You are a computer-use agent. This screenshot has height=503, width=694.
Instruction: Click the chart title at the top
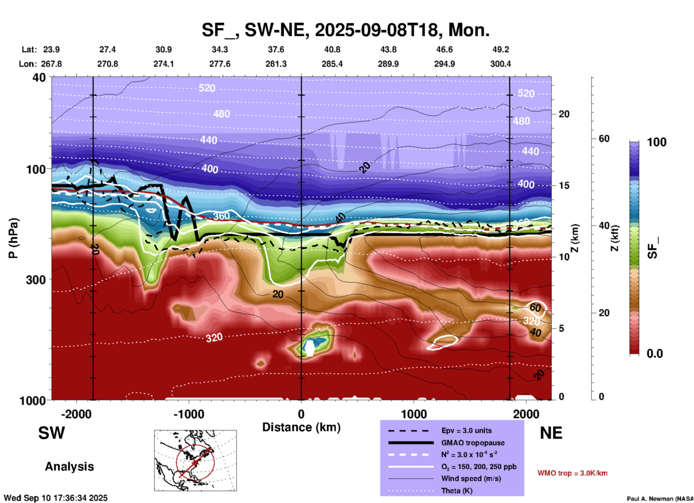tap(345, 30)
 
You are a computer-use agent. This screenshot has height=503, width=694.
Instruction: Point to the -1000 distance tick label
tap(188, 414)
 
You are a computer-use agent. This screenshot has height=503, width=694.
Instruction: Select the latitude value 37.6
tap(276, 49)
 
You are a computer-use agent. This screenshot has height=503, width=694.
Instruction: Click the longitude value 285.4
tap(332, 64)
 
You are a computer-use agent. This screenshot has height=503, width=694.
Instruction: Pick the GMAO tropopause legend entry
tap(472, 443)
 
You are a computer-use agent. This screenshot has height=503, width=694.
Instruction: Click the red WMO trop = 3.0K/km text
tap(572, 473)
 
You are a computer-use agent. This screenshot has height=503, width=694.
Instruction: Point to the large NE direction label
tap(551, 433)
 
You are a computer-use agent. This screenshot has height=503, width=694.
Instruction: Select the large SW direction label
tap(52, 433)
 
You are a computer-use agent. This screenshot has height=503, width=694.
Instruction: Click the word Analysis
tap(69, 467)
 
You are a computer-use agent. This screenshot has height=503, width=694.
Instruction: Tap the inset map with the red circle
tap(195, 460)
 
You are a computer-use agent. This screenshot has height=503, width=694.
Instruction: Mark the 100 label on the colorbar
tap(657, 142)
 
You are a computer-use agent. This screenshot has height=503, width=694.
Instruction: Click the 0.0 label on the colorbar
tap(655, 353)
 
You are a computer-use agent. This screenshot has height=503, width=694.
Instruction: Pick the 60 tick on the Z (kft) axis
tap(604, 139)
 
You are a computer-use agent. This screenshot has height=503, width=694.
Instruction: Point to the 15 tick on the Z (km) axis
tap(564, 185)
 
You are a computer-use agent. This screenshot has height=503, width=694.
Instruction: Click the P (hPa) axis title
tap(13, 238)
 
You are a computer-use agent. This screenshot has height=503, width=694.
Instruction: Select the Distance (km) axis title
tap(301, 427)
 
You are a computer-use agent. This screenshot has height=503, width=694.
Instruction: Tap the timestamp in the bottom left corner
tap(55, 498)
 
